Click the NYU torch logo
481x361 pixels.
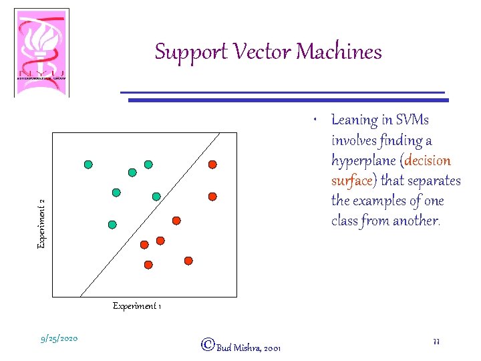(41, 52)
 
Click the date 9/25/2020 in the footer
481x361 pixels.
(59, 339)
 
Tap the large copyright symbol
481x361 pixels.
(208, 345)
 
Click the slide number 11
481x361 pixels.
(436, 341)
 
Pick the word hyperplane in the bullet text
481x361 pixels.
(364, 161)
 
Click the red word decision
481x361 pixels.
(428, 161)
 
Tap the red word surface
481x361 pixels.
(351, 181)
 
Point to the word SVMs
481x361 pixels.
(413, 120)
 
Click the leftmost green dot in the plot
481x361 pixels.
(88, 164)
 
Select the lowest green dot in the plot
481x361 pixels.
(112, 225)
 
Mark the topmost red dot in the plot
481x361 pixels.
(212, 164)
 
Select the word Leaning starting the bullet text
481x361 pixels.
(354, 120)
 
